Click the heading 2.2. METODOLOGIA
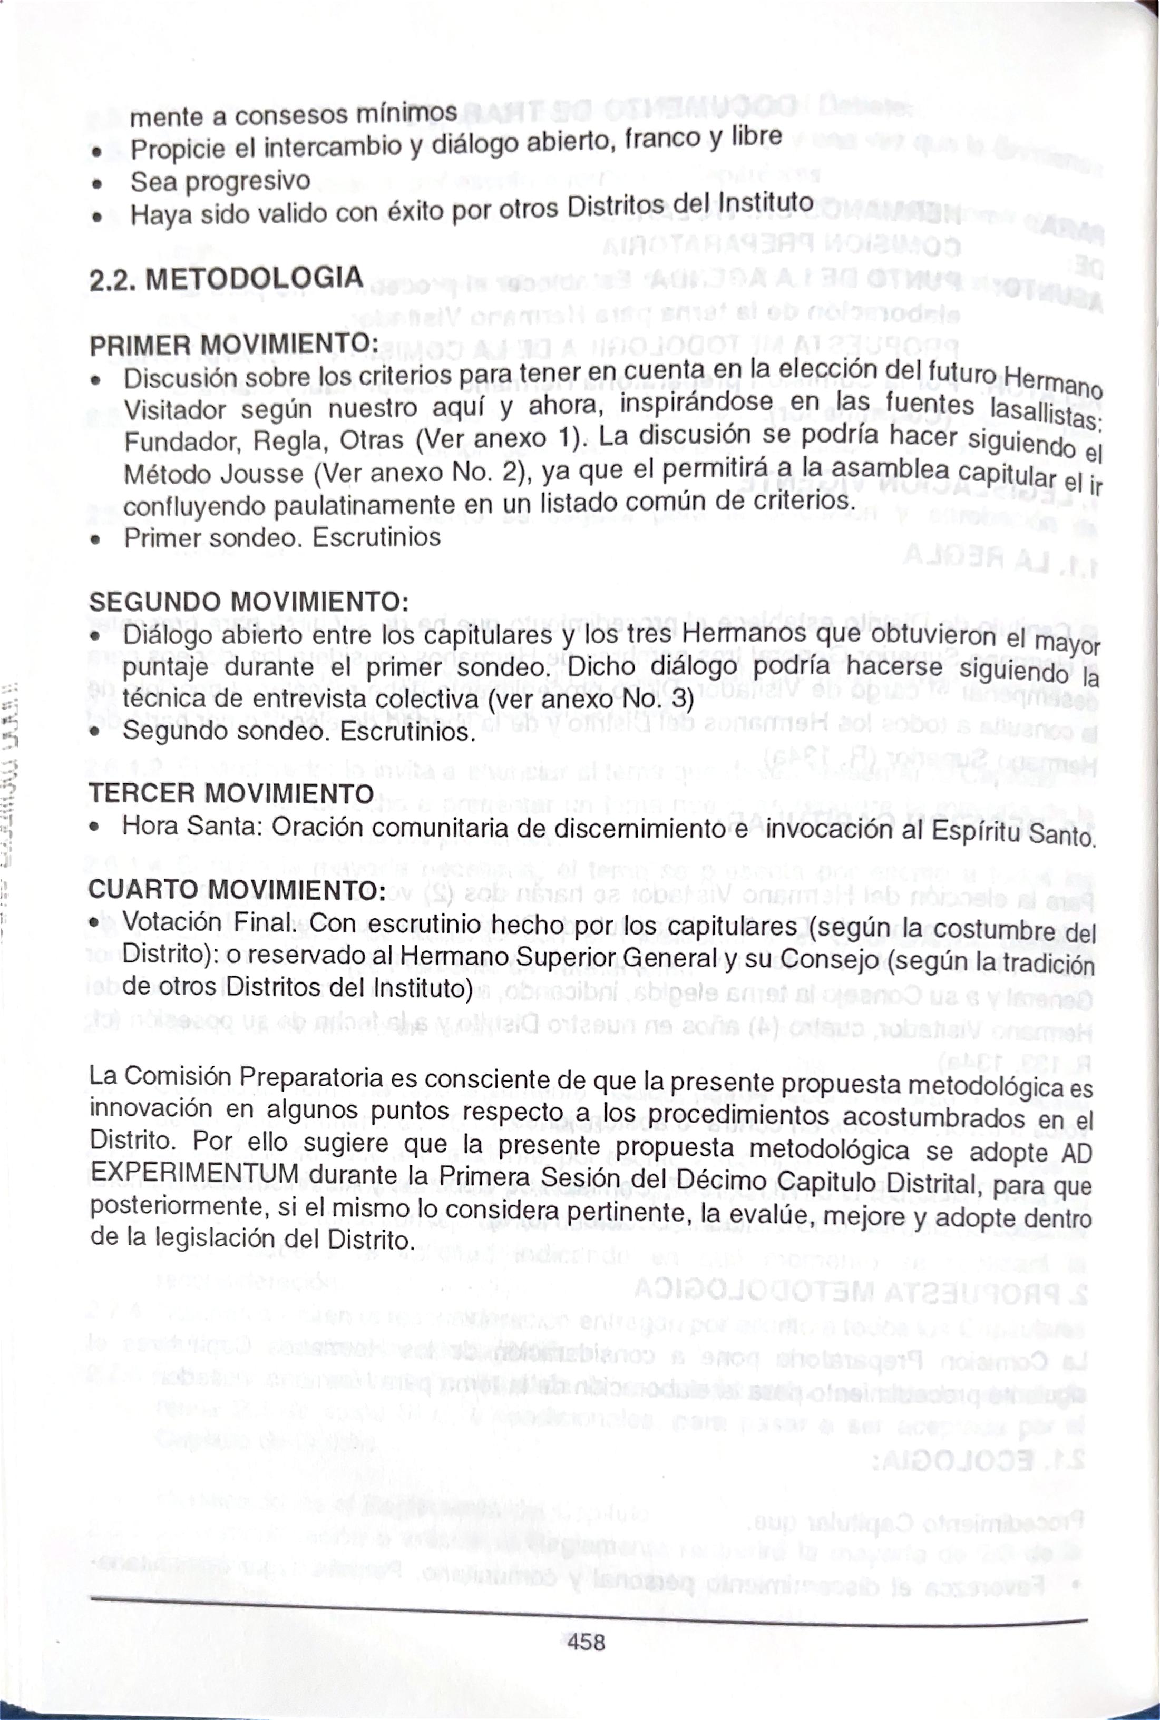coord(226,278)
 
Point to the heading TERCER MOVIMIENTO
coord(231,793)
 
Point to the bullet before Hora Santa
coord(94,828)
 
